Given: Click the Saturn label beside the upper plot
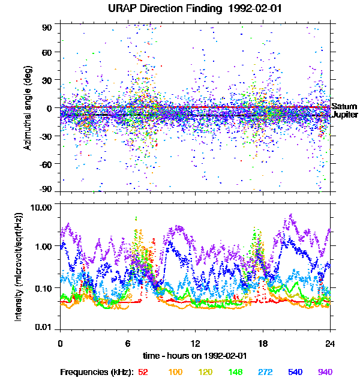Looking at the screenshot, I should [344, 106].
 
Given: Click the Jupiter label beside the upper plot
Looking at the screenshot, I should [346, 115].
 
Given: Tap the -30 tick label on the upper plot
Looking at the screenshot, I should [47, 136].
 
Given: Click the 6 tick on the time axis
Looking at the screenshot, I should [127, 343].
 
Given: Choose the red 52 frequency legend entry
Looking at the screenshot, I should [143, 372].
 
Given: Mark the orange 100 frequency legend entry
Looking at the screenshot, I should [175, 372].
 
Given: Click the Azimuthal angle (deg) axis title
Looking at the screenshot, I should [28, 108].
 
